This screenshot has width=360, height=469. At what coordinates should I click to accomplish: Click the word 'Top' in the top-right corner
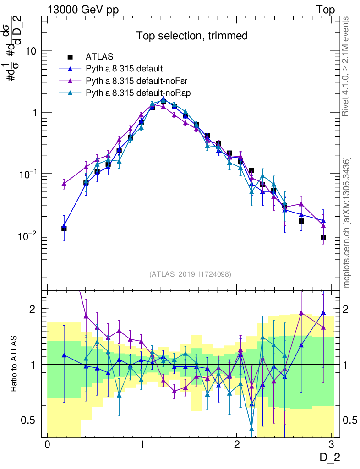pyautogui.click(x=325, y=10)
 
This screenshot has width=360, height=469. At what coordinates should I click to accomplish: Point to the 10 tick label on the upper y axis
pyautogui.click(x=32, y=51)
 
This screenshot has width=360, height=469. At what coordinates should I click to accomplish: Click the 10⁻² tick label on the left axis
pyautogui.click(x=28, y=235)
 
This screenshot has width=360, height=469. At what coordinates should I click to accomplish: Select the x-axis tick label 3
pyautogui.click(x=331, y=445)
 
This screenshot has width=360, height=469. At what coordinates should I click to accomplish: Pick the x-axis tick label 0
pyautogui.click(x=47, y=445)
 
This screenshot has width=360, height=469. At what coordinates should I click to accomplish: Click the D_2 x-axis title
pyautogui.click(x=330, y=457)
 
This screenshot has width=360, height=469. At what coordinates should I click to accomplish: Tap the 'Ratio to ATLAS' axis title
pyautogui.click(x=15, y=365)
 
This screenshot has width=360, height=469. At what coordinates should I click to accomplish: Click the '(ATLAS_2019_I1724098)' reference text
pyautogui.click(x=190, y=274)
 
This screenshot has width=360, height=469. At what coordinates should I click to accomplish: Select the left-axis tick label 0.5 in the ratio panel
pyautogui.click(x=33, y=420)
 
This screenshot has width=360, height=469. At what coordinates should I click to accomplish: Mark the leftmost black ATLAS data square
pyautogui.click(x=64, y=228)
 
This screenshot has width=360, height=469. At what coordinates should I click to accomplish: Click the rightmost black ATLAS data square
pyautogui.click(x=323, y=238)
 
